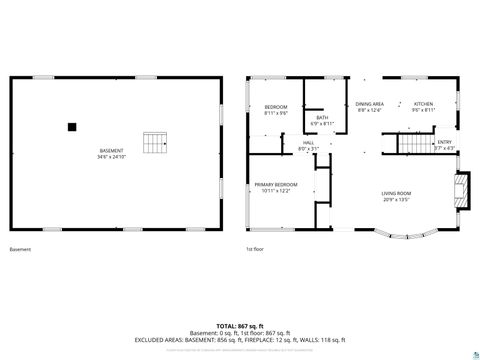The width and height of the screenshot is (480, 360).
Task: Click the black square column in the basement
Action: [x=72, y=127]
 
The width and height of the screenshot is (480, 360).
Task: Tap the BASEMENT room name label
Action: [x=111, y=151]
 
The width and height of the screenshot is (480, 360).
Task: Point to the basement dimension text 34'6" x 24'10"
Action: [x=111, y=157]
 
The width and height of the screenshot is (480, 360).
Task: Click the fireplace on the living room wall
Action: [x=461, y=191]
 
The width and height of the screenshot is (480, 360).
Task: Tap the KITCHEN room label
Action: [x=424, y=104]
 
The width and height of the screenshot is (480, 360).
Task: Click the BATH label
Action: [x=322, y=118]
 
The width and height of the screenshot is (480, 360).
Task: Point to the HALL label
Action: [x=309, y=143]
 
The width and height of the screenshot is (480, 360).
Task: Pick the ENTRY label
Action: [x=445, y=143]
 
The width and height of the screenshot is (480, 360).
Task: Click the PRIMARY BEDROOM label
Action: [x=275, y=185]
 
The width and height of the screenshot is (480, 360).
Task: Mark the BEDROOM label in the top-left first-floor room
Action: [x=275, y=107]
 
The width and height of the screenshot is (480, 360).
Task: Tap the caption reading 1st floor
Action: [x=255, y=249]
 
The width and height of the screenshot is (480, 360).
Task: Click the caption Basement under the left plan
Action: [x=20, y=249]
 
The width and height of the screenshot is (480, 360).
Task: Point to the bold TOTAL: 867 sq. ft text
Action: [x=239, y=325]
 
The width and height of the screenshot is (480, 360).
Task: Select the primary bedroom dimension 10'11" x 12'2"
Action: [x=275, y=191]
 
